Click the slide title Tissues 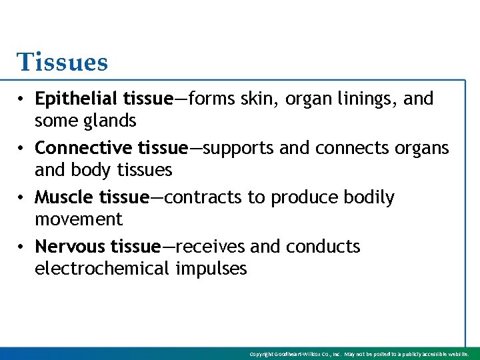[x=62, y=62]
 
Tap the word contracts [x=195, y=198]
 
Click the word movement [x=79, y=219]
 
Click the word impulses [x=211, y=269]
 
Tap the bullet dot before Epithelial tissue [x=22, y=99]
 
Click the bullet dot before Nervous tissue [x=22, y=247]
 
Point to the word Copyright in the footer [x=263, y=354]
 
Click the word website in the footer [x=459, y=354]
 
